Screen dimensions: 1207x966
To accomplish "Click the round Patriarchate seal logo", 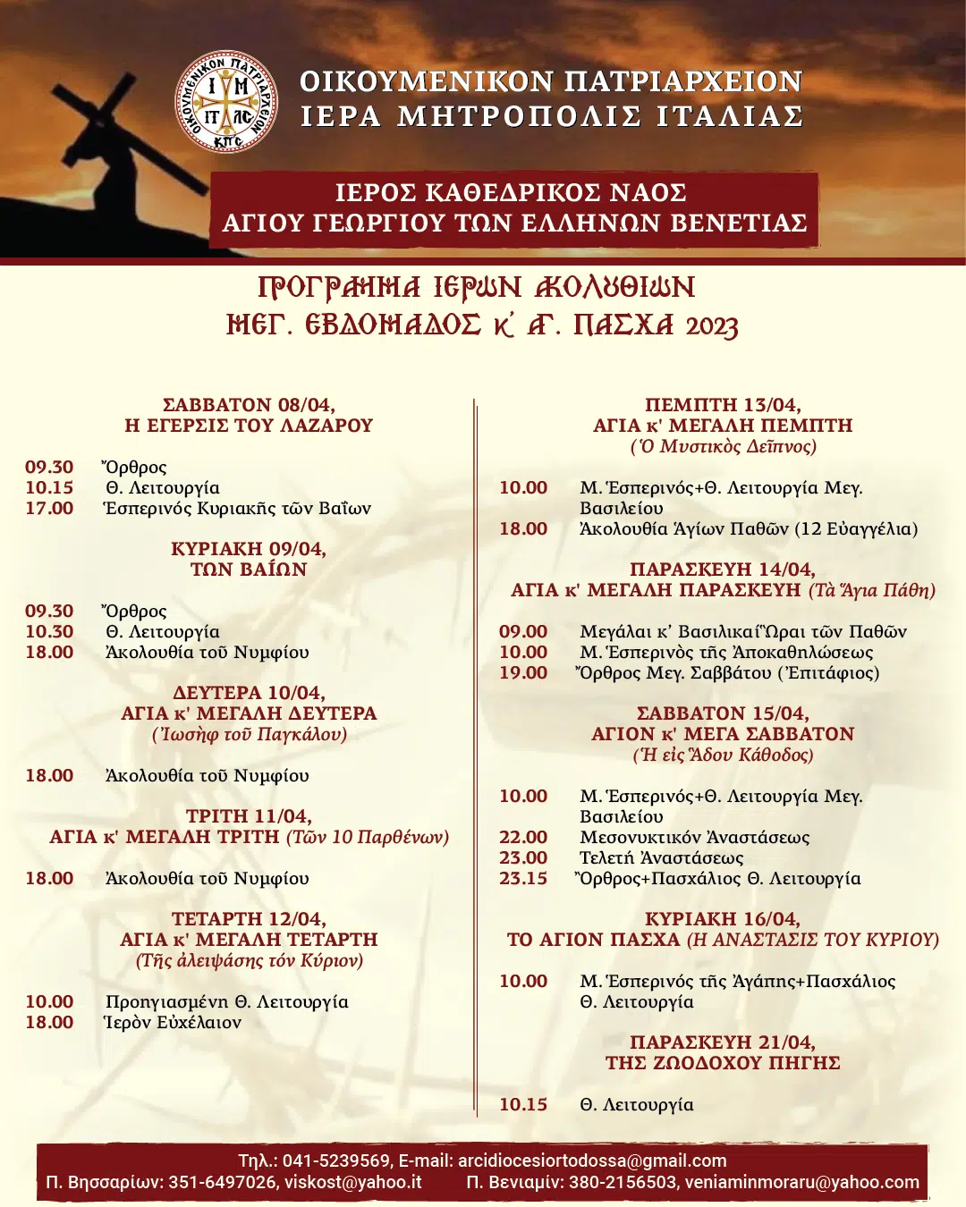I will click(225, 101).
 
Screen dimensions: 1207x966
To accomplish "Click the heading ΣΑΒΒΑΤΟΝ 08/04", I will click(249, 405).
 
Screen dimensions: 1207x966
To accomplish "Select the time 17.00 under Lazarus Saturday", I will click(49, 509).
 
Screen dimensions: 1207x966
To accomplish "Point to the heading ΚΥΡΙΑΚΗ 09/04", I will click(249, 549).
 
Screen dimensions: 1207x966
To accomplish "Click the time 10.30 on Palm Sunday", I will click(49, 632).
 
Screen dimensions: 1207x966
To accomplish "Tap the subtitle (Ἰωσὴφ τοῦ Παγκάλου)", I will click(249, 735).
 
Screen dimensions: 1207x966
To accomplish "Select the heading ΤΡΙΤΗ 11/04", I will click(249, 816).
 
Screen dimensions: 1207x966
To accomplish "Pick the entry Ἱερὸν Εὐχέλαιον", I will click(173, 1023).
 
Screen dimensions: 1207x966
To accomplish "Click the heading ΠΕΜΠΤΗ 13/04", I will click(723, 405).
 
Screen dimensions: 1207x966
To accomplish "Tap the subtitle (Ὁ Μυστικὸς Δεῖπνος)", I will click(723, 446).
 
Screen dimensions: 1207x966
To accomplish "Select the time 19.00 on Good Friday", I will click(523, 673).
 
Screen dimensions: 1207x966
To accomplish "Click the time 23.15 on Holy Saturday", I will click(523, 879).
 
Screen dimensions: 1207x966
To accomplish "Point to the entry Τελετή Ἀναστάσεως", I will click(661, 858).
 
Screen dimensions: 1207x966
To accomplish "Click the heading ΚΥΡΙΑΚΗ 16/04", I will click(723, 919).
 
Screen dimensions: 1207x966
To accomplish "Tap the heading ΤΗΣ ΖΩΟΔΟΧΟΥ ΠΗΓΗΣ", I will click(723, 1063).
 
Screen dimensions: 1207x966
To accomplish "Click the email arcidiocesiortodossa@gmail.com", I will click(592, 1161).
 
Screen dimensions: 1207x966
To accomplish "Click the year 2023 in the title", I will click(712, 326).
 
